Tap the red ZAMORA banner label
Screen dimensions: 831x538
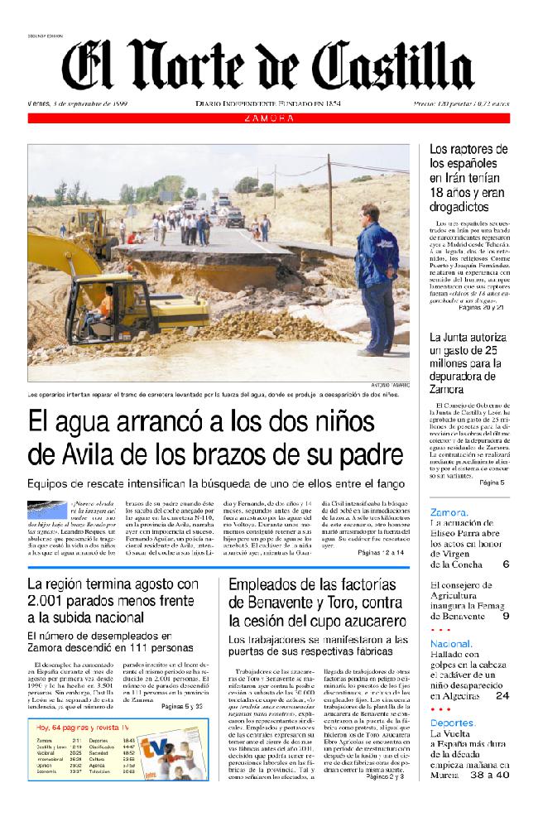coord(269,118)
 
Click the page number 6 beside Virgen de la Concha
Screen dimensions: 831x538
coord(505,564)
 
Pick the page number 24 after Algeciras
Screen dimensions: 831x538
coord(502,696)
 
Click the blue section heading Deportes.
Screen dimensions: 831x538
coord(453,723)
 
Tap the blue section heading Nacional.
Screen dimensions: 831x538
coord(451,643)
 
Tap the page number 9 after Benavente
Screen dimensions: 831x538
coord(505,617)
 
